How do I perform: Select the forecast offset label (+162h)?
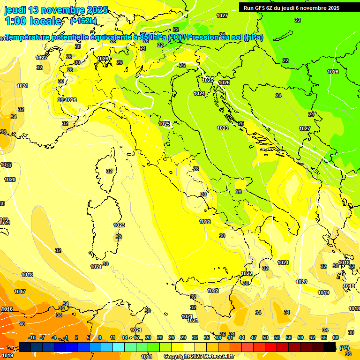coord(83,21)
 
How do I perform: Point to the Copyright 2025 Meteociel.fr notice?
coord(199,357)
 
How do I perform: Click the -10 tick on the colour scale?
coord(32,337)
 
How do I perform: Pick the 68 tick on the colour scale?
coord(336,337)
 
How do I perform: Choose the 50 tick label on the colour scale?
coord(265,337)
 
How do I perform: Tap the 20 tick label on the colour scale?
coord(148,337)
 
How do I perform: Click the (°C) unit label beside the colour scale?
coord(344,348)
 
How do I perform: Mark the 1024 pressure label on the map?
coord(199,93)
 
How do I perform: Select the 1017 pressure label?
coord(20,292)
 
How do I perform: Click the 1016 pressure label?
coord(7,309)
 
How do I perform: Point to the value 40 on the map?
coord(22,324)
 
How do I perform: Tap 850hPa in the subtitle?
coord(153,37)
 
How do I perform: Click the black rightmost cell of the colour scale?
coord(330,347)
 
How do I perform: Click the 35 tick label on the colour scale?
coord(207,337)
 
